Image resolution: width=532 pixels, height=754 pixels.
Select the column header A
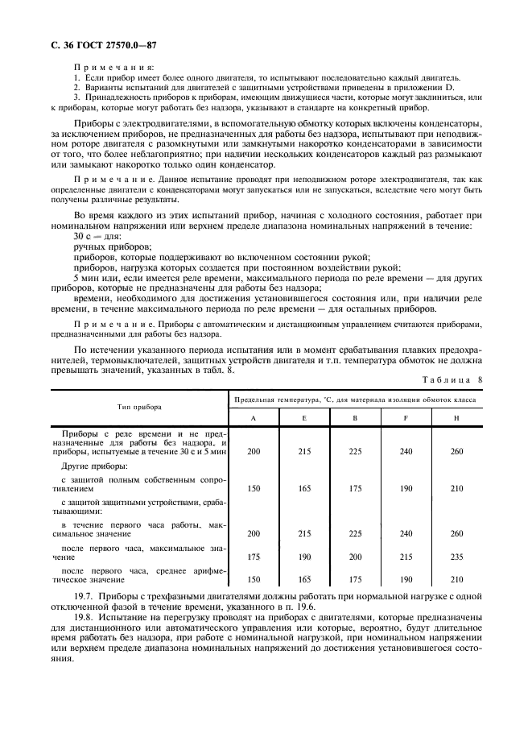254,417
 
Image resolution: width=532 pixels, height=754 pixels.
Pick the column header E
305,417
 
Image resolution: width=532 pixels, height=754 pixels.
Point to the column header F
406,417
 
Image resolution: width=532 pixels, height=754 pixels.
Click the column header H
457,417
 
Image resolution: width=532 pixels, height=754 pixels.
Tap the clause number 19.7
83,597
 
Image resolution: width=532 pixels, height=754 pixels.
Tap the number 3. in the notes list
76,97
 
